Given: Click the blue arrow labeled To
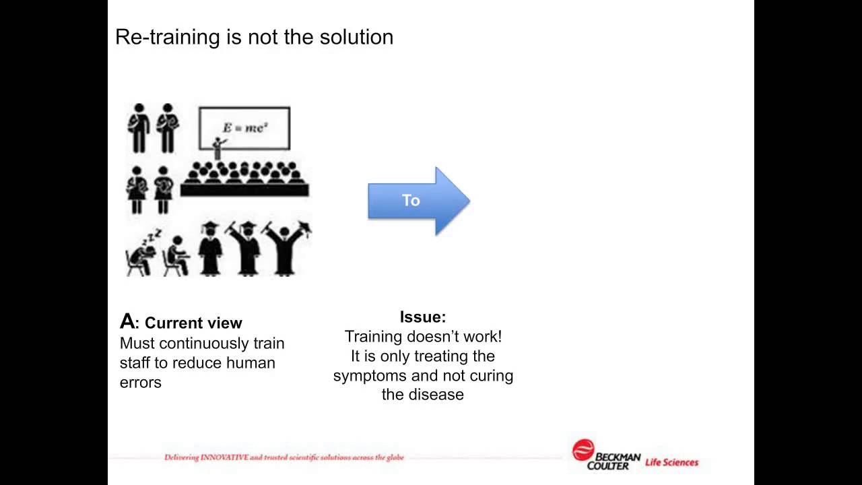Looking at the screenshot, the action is pos(419,201).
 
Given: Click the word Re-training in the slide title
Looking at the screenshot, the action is pos(168,37).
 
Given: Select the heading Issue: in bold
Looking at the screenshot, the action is pos(423,317).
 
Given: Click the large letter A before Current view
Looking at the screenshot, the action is pos(127,321).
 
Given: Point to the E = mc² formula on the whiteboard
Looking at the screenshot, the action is pos(245,127).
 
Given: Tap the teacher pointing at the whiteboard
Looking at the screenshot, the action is pos(218,148).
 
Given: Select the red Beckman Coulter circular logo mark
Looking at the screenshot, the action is pos(583,449).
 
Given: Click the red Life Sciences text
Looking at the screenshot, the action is pos(671,462).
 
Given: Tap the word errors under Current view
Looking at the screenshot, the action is pos(141,383).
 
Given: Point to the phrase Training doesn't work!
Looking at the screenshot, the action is pos(423,337).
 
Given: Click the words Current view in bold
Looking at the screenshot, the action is pos(193,323).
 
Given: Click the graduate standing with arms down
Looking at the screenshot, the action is pos(210,249).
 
